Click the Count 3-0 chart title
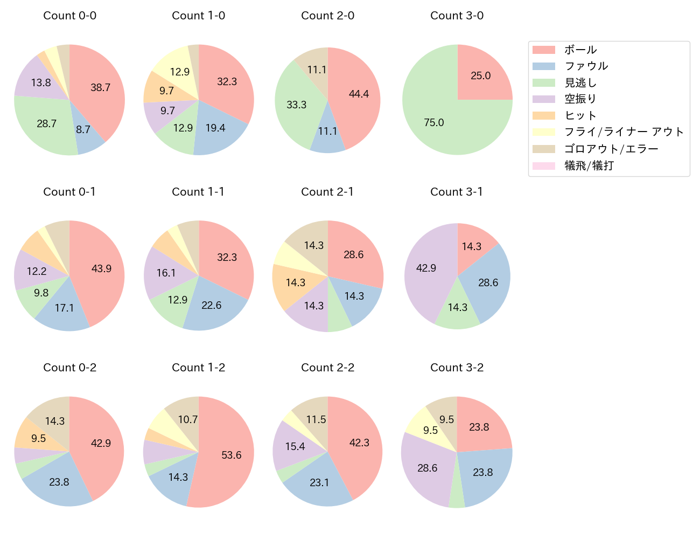click(x=457, y=16)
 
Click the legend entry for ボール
click(x=580, y=50)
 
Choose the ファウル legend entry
click(x=586, y=66)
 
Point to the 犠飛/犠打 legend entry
click(x=589, y=165)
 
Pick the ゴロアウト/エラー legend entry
click(x=611, y=149)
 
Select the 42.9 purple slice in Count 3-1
click(x=425, y=268)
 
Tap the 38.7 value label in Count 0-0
click(x=100, y=87)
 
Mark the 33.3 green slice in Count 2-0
click(x=297, y=104)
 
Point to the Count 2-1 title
click(x=327, y=192)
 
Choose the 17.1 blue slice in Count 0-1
click(x=65, y=308)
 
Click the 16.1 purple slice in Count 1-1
click(x=166, y=272)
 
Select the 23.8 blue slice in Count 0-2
click(x=59, y=481)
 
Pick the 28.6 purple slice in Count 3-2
click(x=427, y=468)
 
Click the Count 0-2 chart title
click(x=69, y=368)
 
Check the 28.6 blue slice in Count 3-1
click(x=488, y=282)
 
